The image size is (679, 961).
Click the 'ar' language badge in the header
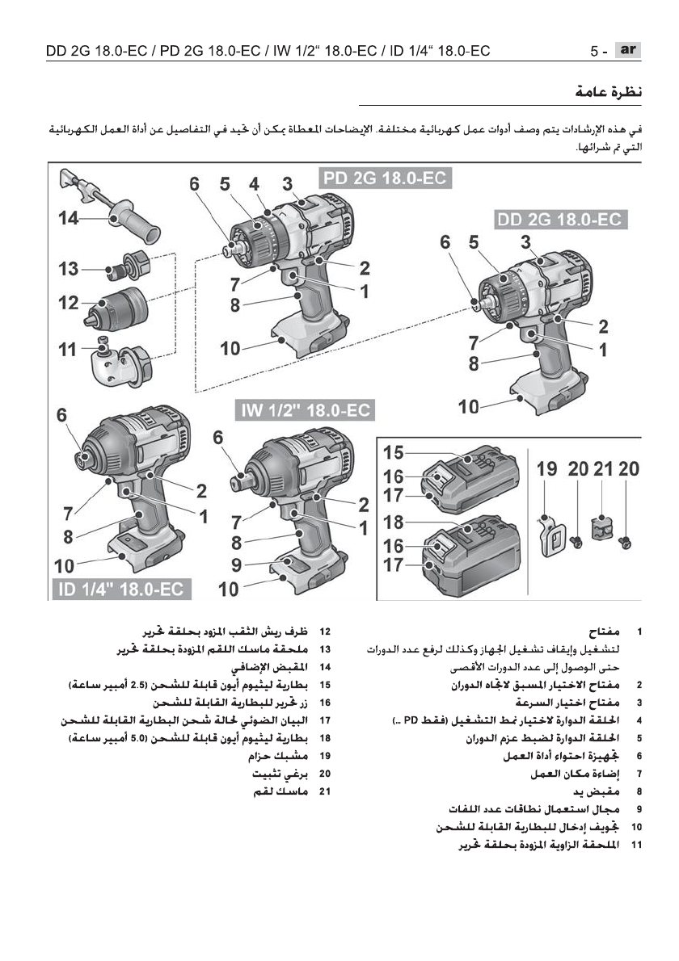pos(626,50)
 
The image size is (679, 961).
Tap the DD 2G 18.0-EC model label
pos(562,220)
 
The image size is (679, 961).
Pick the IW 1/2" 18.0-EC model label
pos(305,410)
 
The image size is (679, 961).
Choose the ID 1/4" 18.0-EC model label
pos(120,589)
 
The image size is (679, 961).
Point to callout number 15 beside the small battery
pos(394,453)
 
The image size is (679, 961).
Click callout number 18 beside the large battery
pos(394,522)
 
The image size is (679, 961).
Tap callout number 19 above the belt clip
pos(547,469)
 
